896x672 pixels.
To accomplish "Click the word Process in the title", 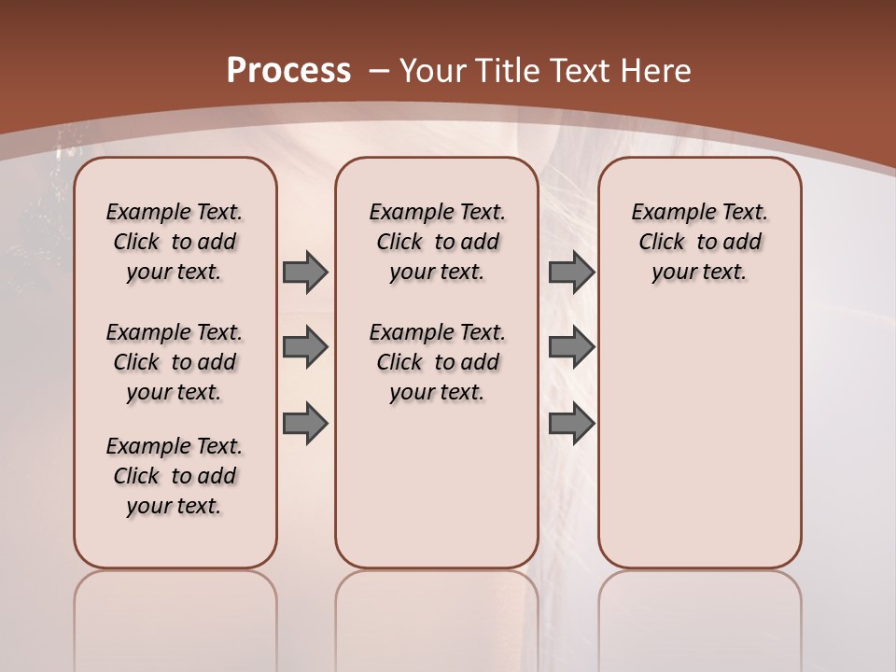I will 288,70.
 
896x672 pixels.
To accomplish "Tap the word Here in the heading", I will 655,70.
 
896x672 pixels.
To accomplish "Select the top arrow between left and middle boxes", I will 305,273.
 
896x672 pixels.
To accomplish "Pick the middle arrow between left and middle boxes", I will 305,348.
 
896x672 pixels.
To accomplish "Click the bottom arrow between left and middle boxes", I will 305,423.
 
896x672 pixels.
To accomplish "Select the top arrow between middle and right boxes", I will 571,273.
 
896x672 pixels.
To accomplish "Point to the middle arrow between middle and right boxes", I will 571,348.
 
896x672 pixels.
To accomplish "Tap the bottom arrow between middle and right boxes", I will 571,423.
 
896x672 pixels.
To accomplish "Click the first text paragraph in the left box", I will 175,242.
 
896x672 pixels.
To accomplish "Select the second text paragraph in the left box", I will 175,362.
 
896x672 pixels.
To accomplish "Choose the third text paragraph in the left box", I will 175,476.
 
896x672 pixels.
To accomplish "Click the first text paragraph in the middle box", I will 437,242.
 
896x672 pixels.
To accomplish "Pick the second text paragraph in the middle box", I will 437,362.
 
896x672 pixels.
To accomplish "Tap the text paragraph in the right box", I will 699,242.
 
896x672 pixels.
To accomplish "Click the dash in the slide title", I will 379,70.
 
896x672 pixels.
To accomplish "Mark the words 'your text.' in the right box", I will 699,273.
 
